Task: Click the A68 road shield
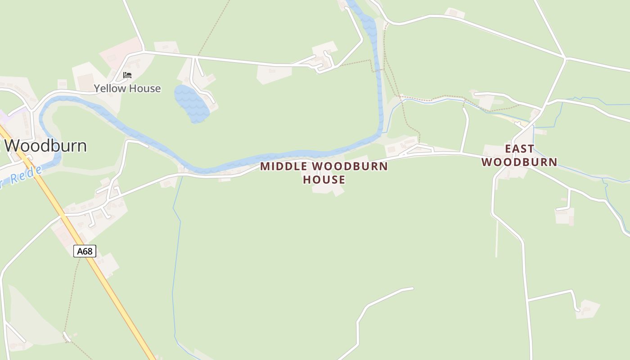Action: pos(85,251)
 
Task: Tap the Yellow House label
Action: pos(127,88)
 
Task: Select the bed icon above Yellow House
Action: pos(127,75)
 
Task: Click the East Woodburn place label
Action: pos(519,155)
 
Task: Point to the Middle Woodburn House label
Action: pos(324,173)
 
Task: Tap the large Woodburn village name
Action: pos(45,146)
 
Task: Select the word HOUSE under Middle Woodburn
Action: pos(324,180)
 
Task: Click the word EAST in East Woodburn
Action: pos(519,148)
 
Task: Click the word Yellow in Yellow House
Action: pos(110,88)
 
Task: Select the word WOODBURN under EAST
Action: pos(519,162)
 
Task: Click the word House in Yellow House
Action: pos(144,88)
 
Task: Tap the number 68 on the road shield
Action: pos(88,251)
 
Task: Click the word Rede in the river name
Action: pos(27,175)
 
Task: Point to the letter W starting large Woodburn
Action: pos(13,146)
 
